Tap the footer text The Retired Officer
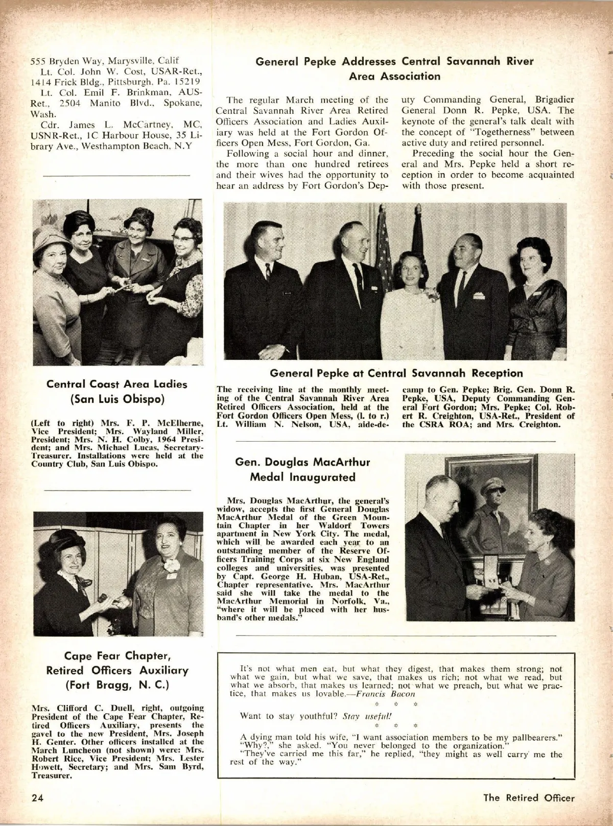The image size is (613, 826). (529, 798)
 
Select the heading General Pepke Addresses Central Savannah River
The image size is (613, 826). (394, 62)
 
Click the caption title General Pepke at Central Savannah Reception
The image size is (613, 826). (396, 373)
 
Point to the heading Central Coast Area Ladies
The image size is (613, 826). (117, 384)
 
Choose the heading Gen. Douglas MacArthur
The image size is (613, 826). (302, 462)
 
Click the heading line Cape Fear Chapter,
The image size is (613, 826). (117, 655)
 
